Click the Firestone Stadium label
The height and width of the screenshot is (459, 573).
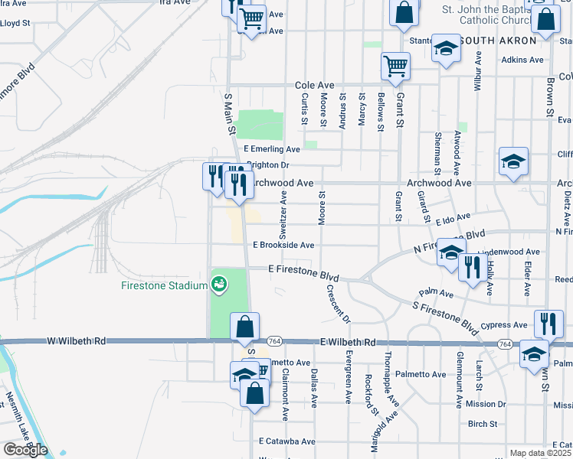[x=164, y=285]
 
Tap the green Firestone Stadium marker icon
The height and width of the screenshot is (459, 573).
[x=219, y=284]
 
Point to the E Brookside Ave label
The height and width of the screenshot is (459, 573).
[x=284, y=246]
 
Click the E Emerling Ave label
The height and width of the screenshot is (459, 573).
[x=272, y=149]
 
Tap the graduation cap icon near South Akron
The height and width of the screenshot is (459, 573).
[x=444, y=48]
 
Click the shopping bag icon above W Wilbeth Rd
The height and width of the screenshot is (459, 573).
[x=244, y=327]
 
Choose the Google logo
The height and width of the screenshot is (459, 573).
[x=25, y=450]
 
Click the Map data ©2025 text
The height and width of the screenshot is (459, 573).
[x=541, y=453]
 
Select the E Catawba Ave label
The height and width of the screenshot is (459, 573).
[x=286, y=441]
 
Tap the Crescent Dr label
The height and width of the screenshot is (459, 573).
[x=338, y=303]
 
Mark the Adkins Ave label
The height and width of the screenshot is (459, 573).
[x=522, y=60]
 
